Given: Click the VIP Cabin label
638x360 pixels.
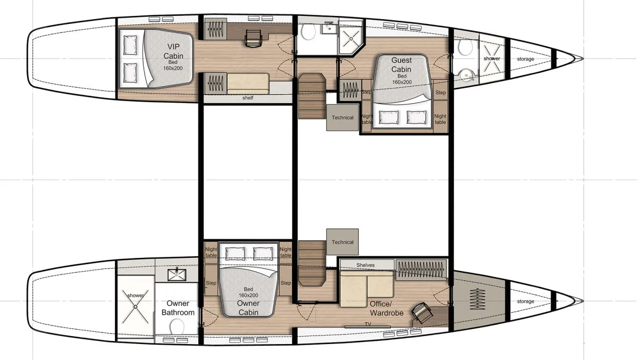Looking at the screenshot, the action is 173,51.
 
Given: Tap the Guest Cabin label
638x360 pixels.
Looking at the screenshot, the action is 401,65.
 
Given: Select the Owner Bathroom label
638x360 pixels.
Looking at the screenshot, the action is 178,308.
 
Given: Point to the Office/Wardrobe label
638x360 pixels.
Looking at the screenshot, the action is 387,308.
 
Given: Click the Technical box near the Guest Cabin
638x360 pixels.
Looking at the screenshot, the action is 342,118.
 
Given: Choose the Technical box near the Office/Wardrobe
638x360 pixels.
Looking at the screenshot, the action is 342,242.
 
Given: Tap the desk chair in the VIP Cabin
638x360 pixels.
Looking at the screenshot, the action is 253,38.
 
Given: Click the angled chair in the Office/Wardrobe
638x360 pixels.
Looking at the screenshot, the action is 422,313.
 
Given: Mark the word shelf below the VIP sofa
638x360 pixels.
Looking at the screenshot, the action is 248,98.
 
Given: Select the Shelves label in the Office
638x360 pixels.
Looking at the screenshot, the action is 365,265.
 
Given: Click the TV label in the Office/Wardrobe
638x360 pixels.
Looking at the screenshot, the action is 368,324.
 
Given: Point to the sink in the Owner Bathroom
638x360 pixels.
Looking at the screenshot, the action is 177,274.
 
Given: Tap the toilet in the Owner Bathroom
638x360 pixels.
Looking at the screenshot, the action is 177,326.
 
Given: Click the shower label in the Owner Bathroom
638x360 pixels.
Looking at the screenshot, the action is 135,295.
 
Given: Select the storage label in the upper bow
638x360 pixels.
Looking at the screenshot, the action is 525,59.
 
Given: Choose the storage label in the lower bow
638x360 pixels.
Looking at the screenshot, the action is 525,302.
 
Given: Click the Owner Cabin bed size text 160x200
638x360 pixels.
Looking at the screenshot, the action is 248,295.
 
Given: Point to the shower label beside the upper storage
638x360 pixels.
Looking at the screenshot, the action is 492,58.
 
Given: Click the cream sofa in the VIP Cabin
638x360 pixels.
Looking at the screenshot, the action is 248,83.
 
